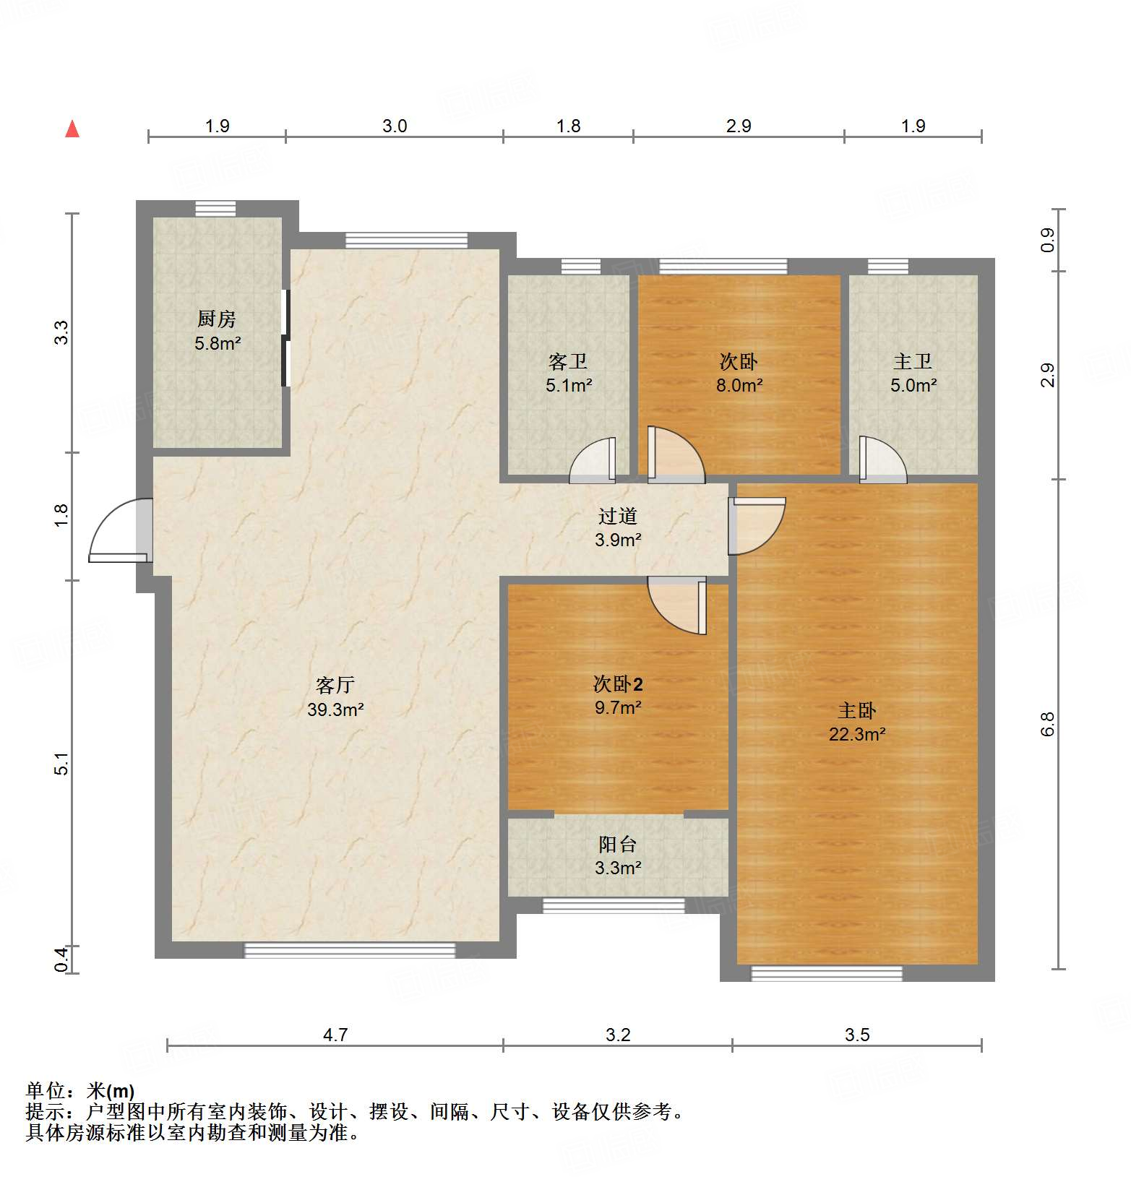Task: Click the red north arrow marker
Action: [72, 129]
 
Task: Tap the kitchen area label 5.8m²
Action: [218, 344]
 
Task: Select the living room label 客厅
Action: [335, 685]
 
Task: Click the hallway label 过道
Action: [618, 516]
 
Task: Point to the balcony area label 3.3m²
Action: [618, 868]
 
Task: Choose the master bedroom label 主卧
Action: [857, 711]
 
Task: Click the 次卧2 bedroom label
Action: [618, 683]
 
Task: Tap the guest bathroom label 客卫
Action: [568, 361]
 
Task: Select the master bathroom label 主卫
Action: [913, 361]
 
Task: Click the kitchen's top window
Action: [215, 209]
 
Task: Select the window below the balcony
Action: [614, 905]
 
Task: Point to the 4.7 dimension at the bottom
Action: [335, 1035]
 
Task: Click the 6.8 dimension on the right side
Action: [1047, 724]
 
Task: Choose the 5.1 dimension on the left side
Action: [62, 764]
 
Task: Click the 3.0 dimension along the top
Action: [395, 126]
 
